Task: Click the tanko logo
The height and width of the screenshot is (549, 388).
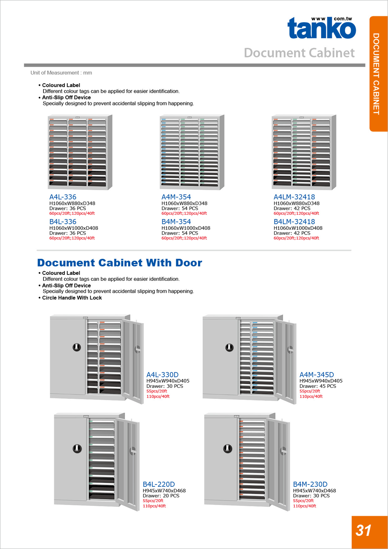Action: (x=321, y=28)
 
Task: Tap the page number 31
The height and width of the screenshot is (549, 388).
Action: (x=363, y=530)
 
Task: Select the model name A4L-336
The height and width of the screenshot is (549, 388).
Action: (x=63, y=197)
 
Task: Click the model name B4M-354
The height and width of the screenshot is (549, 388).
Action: (x=176, y=222)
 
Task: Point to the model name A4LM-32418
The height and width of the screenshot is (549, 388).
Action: (x=294, y=197)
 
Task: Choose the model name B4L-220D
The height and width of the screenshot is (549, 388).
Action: (x=158, y=484)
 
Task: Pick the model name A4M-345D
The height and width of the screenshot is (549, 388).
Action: (x=316, y=375)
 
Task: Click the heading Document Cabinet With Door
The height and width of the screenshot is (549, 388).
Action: (x=120, y=263)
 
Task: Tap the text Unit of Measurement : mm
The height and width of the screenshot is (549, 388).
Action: (x=61, y=73)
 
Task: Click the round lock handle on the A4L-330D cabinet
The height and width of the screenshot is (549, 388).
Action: (x=76, y=347)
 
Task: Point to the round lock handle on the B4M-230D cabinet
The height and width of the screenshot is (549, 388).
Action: (x=227, y=448)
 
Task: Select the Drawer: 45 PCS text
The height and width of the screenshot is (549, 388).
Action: (x=318, y=386)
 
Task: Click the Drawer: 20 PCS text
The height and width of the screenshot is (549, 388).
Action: (x=161, y=496)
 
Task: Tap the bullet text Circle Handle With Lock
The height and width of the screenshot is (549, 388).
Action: (x=72, y=298)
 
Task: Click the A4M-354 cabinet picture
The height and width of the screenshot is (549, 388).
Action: (x=192, y=152)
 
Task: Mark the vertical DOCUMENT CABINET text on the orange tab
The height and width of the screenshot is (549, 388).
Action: (x=376, y=74)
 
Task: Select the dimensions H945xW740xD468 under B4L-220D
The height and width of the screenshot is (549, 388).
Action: (x=164, y=490)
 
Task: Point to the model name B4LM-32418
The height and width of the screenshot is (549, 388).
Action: (x=294, y=222)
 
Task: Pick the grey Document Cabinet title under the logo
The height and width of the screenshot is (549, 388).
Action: (x=299, y=53)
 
